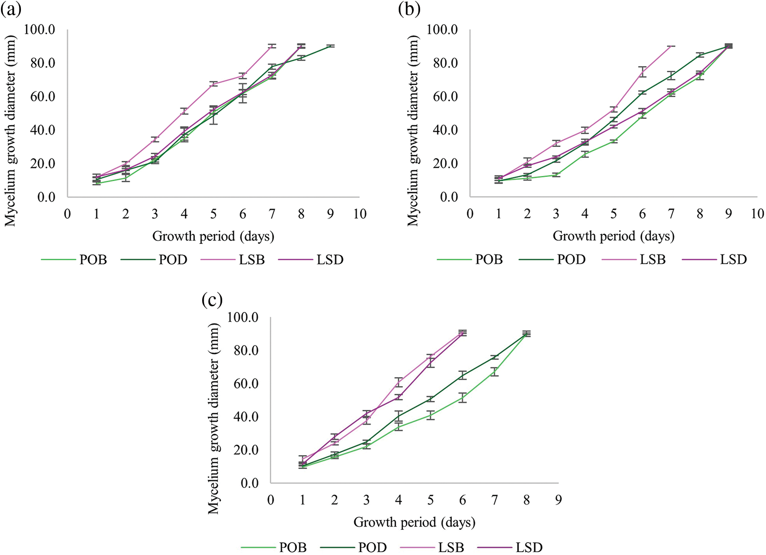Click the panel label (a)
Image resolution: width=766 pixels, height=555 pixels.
click(10, 10)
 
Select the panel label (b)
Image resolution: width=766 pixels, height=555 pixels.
click(409, 10)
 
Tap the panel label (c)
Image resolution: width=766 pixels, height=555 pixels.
click(212, 300)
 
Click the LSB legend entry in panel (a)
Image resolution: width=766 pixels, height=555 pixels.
click(251, 260)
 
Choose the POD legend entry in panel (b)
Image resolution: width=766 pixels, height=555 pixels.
click(571, 260)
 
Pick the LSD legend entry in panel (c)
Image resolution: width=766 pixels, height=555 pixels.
click(529, 547)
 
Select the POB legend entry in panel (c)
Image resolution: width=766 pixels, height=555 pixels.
click(293, 547)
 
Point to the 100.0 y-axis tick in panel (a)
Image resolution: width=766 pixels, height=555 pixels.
click(39, 30)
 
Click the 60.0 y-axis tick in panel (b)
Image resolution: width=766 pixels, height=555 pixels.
click(442, 97)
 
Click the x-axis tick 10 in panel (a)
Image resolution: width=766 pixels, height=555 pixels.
click(360, 214)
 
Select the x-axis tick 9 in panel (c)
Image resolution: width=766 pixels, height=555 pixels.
click(558, 500)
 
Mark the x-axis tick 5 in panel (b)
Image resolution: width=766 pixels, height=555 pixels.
click(614, 214)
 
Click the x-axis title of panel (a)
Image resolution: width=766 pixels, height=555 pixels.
click(213, 236)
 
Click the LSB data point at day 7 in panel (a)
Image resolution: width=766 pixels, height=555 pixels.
click(272, 46)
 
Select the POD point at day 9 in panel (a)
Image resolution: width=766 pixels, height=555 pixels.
click(330, 46)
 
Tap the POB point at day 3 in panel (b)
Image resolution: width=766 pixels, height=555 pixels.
click(556, 175)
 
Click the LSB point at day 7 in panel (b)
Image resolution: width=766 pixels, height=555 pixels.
click(671, 46)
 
